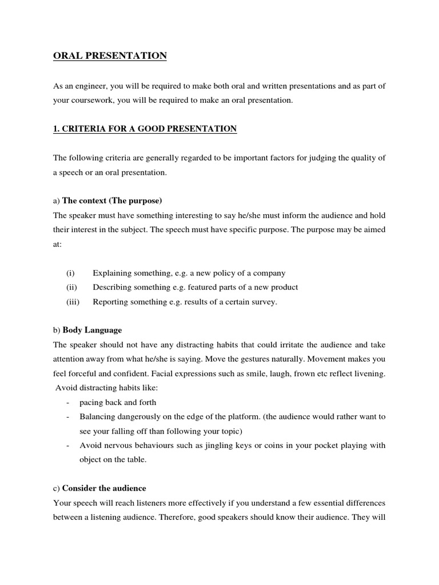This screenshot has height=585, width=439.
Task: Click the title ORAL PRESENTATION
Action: coord(110,55)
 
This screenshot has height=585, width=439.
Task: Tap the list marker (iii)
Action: coord(73,302)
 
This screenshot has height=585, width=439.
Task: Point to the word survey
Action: coord(263,302)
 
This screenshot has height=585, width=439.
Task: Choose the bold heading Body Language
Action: coord(92,330)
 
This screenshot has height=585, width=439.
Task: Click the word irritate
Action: coord(279,344)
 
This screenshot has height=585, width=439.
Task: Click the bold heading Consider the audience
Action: coord(104,488)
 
